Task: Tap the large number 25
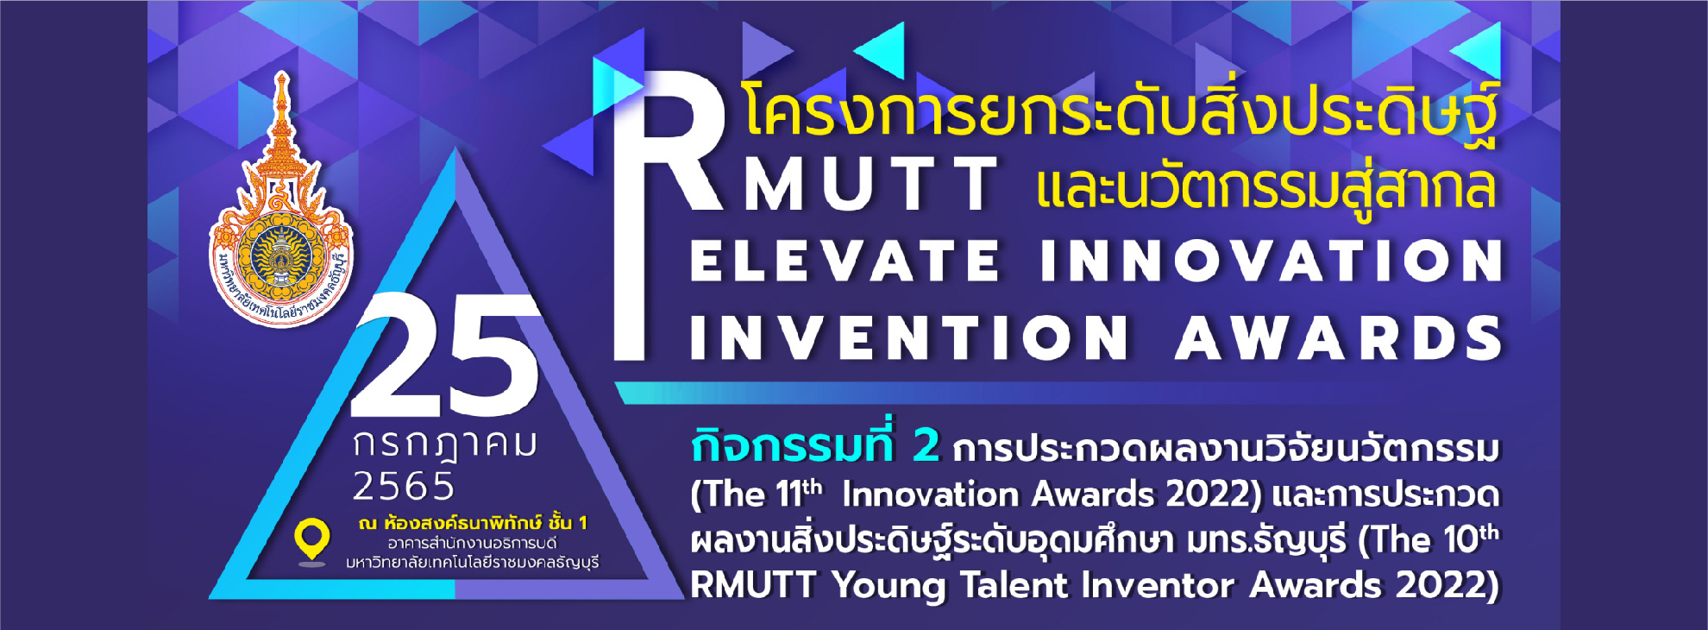click(x=445, y=355)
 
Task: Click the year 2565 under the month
click(x=404, y=487)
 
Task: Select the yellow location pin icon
click(x=311, y=542)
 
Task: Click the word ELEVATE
click(x=845, y=261)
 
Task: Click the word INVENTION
click(x=910, y=337)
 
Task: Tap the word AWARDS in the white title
click(x=1340, y=337)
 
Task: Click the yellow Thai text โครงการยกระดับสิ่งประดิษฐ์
click(x=1121, y=113)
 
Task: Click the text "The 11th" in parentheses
click(x=757, y=495)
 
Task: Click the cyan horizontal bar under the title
click(x=1057, y=393)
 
